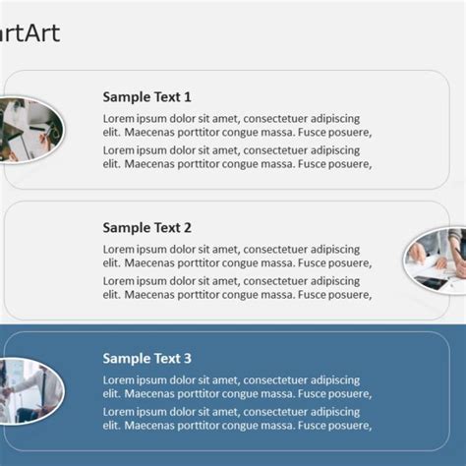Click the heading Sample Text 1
pos(146,97)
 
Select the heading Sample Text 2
pos(146,228)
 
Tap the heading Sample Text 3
pos(146,359)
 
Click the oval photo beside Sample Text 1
pos(32,130)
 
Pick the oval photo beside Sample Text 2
pos(436,260)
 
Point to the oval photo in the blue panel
pos(30,391)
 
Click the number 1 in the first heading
pos(187,97)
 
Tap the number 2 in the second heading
pos(187,228)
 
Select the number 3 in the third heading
pos(187,359)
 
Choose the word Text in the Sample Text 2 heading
pos(166,228)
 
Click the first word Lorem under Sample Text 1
pos(119,119)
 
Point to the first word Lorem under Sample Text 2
pos(119,250)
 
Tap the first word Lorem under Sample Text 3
pos(119,380)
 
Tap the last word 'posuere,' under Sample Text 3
pos(348,426)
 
